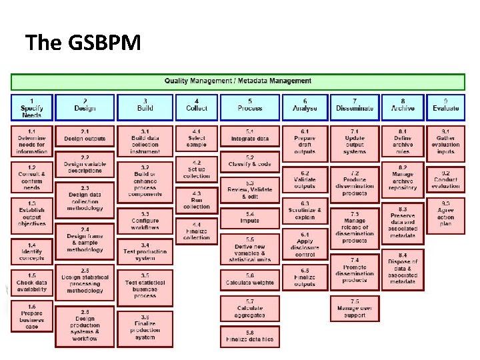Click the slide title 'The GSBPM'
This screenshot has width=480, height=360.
83,43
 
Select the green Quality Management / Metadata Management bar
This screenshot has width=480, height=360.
238,81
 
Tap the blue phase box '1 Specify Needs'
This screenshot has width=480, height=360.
31,107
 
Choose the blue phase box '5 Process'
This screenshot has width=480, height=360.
249,105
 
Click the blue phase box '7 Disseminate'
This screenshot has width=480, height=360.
355,105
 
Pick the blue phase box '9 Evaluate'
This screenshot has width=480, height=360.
445,105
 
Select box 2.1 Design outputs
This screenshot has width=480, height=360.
85,135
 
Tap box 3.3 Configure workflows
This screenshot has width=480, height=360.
145,221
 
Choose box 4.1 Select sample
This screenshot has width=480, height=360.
197,139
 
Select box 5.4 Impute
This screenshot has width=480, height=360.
249,218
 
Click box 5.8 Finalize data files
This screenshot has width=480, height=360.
249,336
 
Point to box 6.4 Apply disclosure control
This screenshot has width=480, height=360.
305,244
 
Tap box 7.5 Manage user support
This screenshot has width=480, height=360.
355,308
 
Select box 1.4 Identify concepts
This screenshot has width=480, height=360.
31,251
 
